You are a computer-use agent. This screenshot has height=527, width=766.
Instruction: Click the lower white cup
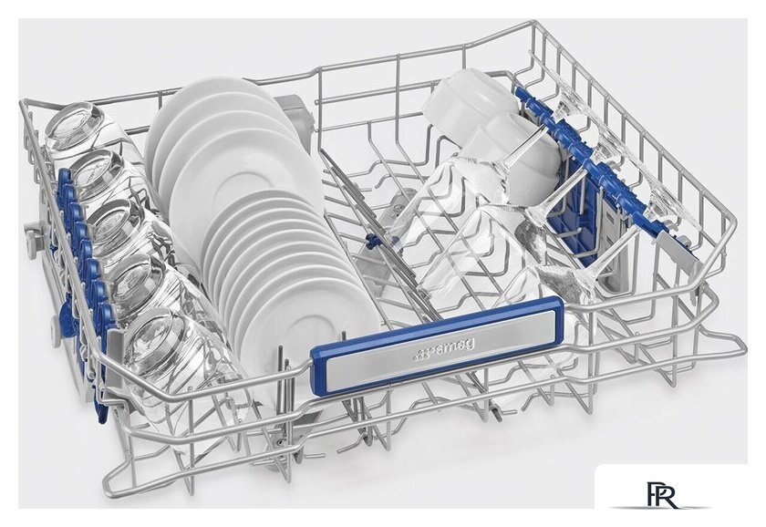pos(523,156)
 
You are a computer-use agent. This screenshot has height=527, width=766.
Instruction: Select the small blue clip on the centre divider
pos(372,241)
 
